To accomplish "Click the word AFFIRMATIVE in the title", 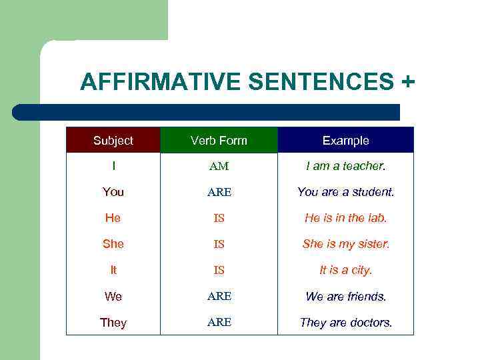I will tap(160, 82).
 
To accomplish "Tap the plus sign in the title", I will tap(407, 82).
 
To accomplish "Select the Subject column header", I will tap(113, 141).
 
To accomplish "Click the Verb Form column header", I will tap(219, 141).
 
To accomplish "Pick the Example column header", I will tap(345, 141).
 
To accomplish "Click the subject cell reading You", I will tap(113, 192).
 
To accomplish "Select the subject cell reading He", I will tap(113, 218).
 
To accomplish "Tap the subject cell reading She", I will tap(113, 244).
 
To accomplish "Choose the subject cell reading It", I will tap(113, 270).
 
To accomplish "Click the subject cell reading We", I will tap(113, 296).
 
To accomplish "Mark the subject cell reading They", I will tap(113, 323).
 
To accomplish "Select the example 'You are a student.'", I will tap(345, 192).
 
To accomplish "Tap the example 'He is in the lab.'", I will tap(345, 218).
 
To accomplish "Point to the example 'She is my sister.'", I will tap(345, 244).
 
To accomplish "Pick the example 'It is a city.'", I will tap(345, 270).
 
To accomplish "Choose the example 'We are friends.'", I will tap(345, 296).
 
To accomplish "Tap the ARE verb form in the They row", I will tap(219, 322).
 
